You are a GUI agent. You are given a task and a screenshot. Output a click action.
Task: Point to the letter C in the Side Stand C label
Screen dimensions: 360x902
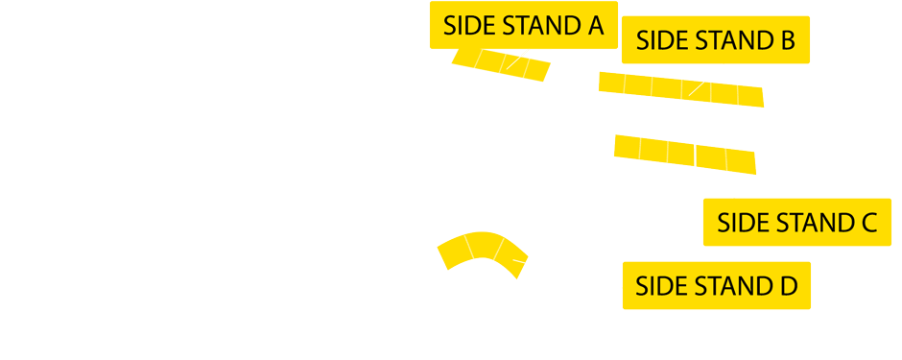867,224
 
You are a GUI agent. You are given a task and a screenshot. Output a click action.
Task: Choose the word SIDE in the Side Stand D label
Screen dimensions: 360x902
660,286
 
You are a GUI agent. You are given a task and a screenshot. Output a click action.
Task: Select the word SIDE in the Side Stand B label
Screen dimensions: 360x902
660,41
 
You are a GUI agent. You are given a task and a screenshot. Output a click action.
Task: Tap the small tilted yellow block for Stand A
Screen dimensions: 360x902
501,64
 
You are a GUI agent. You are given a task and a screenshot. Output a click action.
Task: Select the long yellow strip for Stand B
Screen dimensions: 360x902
680,87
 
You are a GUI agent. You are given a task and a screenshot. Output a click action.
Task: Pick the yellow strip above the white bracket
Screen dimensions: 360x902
684,154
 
